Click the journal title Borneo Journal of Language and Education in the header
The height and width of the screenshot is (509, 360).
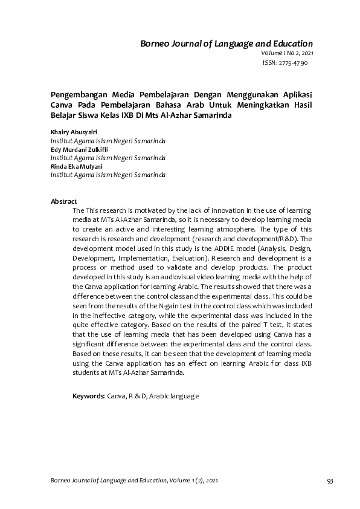[x=227, y=44]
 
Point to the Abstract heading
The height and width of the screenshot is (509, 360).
[x=63, y=201]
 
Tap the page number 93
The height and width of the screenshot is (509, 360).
[x=330, y=481]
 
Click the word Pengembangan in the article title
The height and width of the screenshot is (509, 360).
[x=76, y=95]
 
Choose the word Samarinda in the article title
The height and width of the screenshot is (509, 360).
[x=211, y=114]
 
